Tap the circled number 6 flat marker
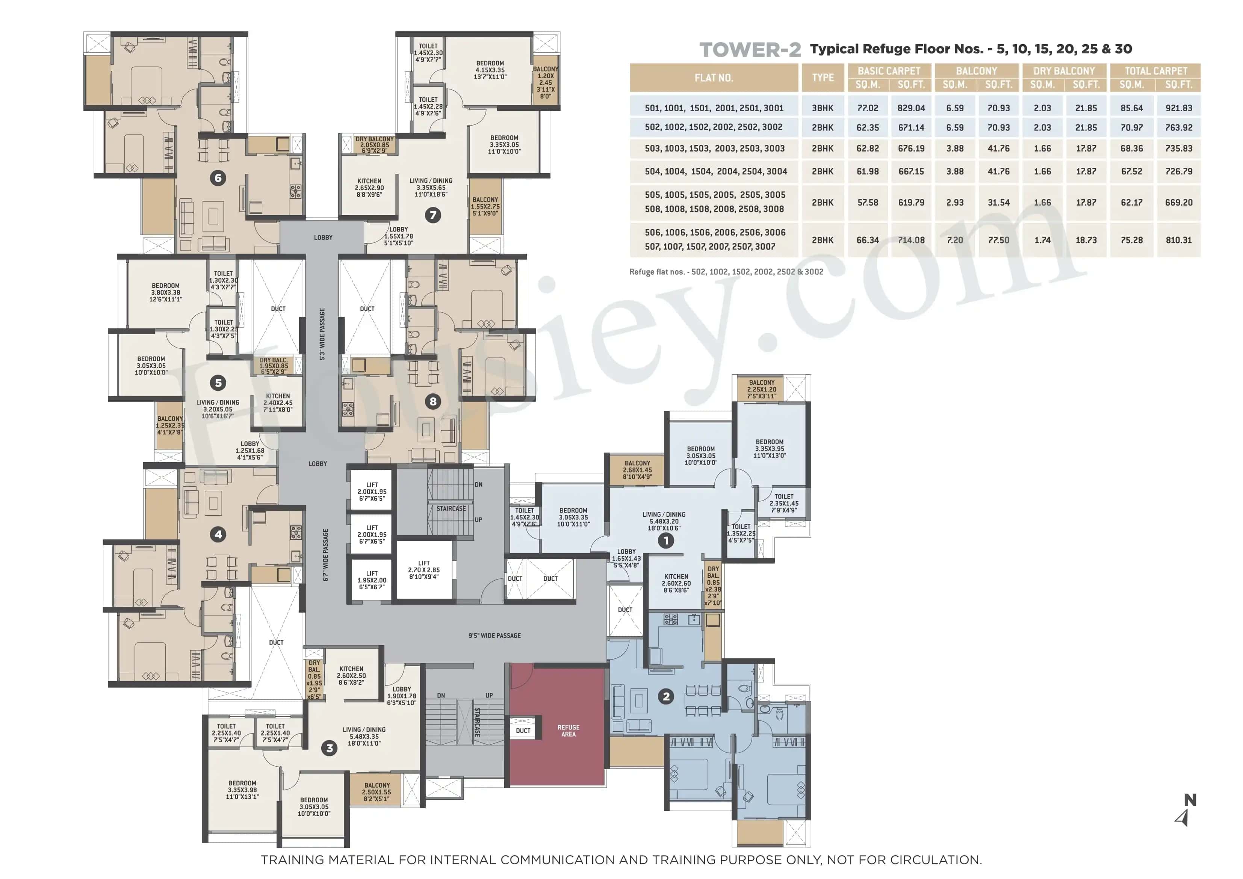point(218,178)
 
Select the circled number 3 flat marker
point(329,749)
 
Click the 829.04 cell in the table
point(911,108)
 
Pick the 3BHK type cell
point(823,108)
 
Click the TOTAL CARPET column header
point(1155,71)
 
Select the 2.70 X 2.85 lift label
point(424,570)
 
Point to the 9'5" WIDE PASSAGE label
point(494,635)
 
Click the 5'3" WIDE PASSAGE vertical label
point(323,334)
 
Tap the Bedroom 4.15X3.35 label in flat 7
point(490,70)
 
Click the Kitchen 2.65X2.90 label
point(369,188)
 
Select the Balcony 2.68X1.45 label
point(637,469)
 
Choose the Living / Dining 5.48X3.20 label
point(664,521)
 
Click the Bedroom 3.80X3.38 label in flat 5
point(166,292)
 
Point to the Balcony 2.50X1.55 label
point(377,792)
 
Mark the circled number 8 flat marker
point(432,401)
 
